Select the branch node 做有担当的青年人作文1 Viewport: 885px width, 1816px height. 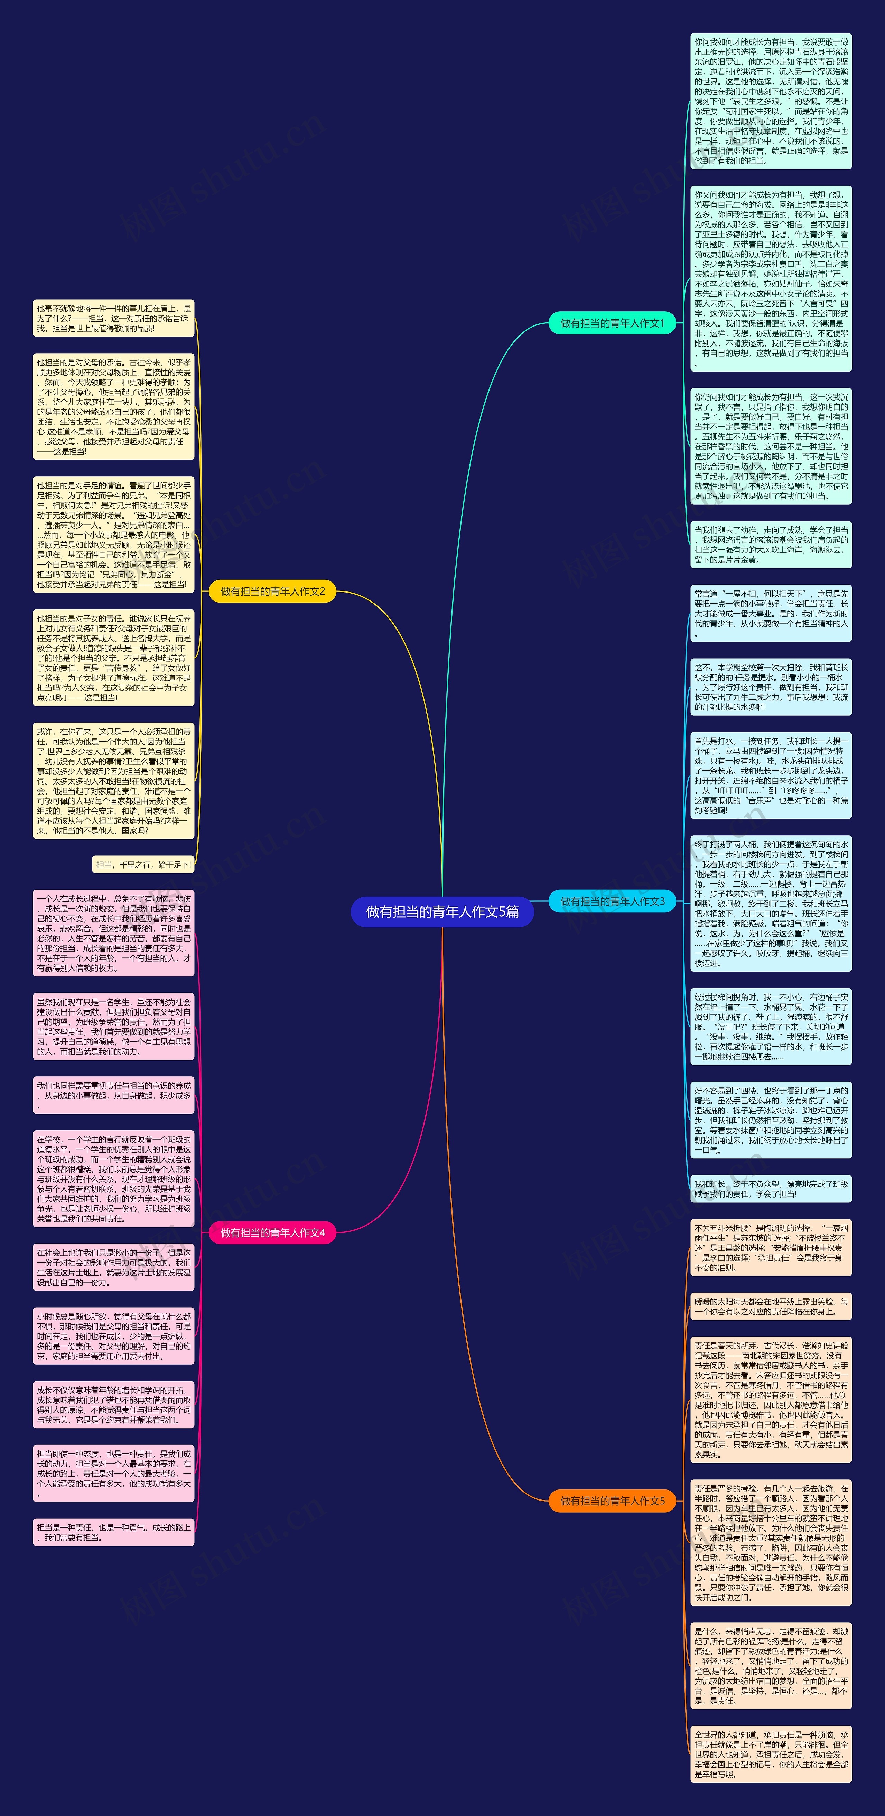(612, 323)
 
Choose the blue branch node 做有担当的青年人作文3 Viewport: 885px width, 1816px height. (612, 901)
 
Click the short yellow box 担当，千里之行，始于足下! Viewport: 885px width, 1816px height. (143, 864)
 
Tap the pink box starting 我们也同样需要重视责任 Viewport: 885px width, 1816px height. (113, 1095)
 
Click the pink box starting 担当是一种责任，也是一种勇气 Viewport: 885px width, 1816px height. (113, 1533)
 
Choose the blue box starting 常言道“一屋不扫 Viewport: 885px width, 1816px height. (771, 613)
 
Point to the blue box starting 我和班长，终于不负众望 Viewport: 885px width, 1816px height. (771, 1189)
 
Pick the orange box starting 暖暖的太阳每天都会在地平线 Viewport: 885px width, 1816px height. (771, 1306)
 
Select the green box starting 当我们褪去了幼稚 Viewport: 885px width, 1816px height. (771, 544)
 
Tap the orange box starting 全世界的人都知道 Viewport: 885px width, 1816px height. (771, 1754)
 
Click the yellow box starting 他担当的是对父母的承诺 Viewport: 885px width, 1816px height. (113, 407)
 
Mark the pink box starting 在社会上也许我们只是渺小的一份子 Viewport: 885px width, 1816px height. (113, 1267)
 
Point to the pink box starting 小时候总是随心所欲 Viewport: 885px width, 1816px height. (113, 1336)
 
